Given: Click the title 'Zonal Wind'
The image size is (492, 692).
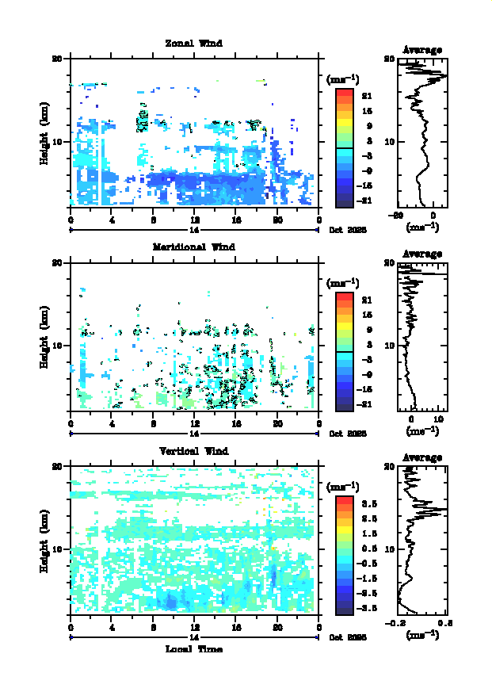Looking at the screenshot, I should (193, 43).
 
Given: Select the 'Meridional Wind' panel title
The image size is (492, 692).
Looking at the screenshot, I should (193, 247).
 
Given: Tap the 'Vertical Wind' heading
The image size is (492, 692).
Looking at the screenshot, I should (193, 450).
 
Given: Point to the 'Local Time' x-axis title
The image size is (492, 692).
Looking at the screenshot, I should (193, 649).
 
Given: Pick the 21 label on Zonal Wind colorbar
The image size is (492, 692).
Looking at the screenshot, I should (368, 96).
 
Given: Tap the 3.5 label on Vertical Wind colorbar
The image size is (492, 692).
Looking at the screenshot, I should (368, 503).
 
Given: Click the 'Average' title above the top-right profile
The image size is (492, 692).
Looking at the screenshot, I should (422, 50).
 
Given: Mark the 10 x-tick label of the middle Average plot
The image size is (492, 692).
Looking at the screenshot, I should (438, 419).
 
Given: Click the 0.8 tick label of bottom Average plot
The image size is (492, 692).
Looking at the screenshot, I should (444, 623).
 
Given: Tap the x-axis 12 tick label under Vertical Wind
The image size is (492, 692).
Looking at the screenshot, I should (194, 627).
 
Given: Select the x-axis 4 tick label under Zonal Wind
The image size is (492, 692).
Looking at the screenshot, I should (113, 220).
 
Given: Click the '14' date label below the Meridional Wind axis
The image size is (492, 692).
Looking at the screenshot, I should (194, 434).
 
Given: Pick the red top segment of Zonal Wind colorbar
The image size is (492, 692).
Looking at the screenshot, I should (344, 93).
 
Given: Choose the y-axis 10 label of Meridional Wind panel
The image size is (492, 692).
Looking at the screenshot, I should (58, 346).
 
